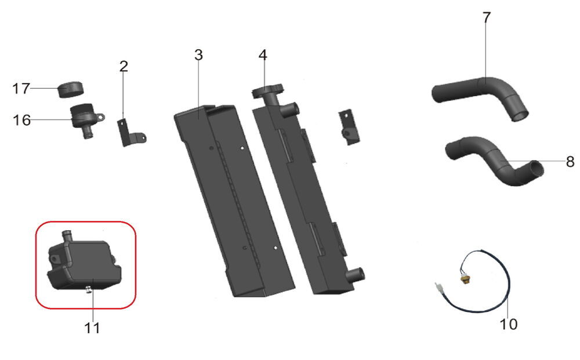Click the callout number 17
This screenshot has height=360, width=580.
pos(21,89)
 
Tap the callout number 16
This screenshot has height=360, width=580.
pos(21,120)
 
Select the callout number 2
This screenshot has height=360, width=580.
pos(124,66)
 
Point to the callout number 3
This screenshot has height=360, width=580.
pos(198,55)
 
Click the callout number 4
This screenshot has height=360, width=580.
pos(263,55)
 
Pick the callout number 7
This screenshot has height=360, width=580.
pos(487,17)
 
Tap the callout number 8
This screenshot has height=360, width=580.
pos(570,162)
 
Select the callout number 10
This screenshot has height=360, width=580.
pos(508,324)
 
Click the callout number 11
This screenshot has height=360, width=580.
pos(92,328)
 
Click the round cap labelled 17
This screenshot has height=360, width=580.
pos(71,89)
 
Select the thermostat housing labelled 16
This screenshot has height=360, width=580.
pos(86,119)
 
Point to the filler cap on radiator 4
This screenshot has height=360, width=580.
pos(267,90)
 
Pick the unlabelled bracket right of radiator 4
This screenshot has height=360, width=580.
pos(349,127)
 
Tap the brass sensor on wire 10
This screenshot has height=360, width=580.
pos(464,278)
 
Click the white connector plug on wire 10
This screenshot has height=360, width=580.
pos(438,287)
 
